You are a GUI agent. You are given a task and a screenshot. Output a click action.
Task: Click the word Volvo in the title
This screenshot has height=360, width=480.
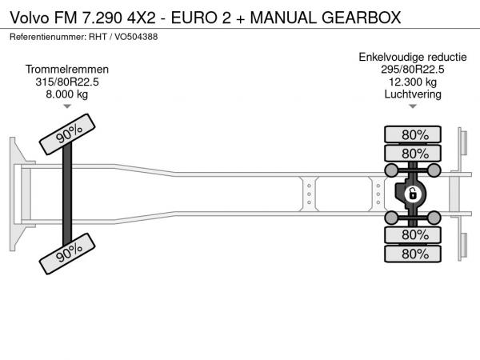click(30, 18)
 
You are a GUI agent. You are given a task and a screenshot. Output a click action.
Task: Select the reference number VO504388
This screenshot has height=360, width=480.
click(136, 37)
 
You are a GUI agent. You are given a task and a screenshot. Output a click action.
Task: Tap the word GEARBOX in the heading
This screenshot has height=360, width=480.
click(362, 18)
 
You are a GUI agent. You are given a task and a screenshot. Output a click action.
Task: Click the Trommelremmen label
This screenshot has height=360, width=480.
click(67, 70)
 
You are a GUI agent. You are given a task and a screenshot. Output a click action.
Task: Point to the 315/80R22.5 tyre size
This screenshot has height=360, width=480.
click(67, 82)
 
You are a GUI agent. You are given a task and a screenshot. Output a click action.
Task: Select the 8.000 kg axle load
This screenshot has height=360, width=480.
click(67, 94)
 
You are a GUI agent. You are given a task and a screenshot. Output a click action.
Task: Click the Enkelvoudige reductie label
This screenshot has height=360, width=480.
click(413, 58)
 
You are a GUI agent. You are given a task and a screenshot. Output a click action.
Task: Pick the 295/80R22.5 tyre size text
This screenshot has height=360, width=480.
click(413, 70)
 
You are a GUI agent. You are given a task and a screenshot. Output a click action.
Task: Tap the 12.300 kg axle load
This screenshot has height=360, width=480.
click(413, 82)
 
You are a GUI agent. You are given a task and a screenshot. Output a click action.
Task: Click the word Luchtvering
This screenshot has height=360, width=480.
click(413, 94)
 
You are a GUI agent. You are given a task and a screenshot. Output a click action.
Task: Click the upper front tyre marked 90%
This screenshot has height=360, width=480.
click(67, 134)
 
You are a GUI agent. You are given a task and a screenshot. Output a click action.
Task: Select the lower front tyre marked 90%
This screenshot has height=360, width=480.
click(67, 254)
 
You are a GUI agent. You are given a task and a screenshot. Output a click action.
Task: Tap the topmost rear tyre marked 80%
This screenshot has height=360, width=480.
click(413, 134)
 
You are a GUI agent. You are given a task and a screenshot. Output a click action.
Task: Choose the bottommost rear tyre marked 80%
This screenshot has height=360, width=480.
click(413, 254)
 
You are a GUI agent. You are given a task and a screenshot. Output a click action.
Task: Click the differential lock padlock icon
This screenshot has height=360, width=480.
click(413, 194)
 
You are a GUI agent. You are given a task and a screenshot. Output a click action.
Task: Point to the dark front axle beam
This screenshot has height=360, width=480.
click(67, 194)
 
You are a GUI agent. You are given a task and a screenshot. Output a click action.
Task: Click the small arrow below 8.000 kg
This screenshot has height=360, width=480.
click(67, 106)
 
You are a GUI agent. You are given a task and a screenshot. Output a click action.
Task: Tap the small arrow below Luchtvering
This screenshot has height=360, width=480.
click(413, 106)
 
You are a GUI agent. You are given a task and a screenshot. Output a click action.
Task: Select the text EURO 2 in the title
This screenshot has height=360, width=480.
click(201, 18)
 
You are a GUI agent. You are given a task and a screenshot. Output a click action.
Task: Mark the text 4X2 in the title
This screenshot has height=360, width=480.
click(141, 18)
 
